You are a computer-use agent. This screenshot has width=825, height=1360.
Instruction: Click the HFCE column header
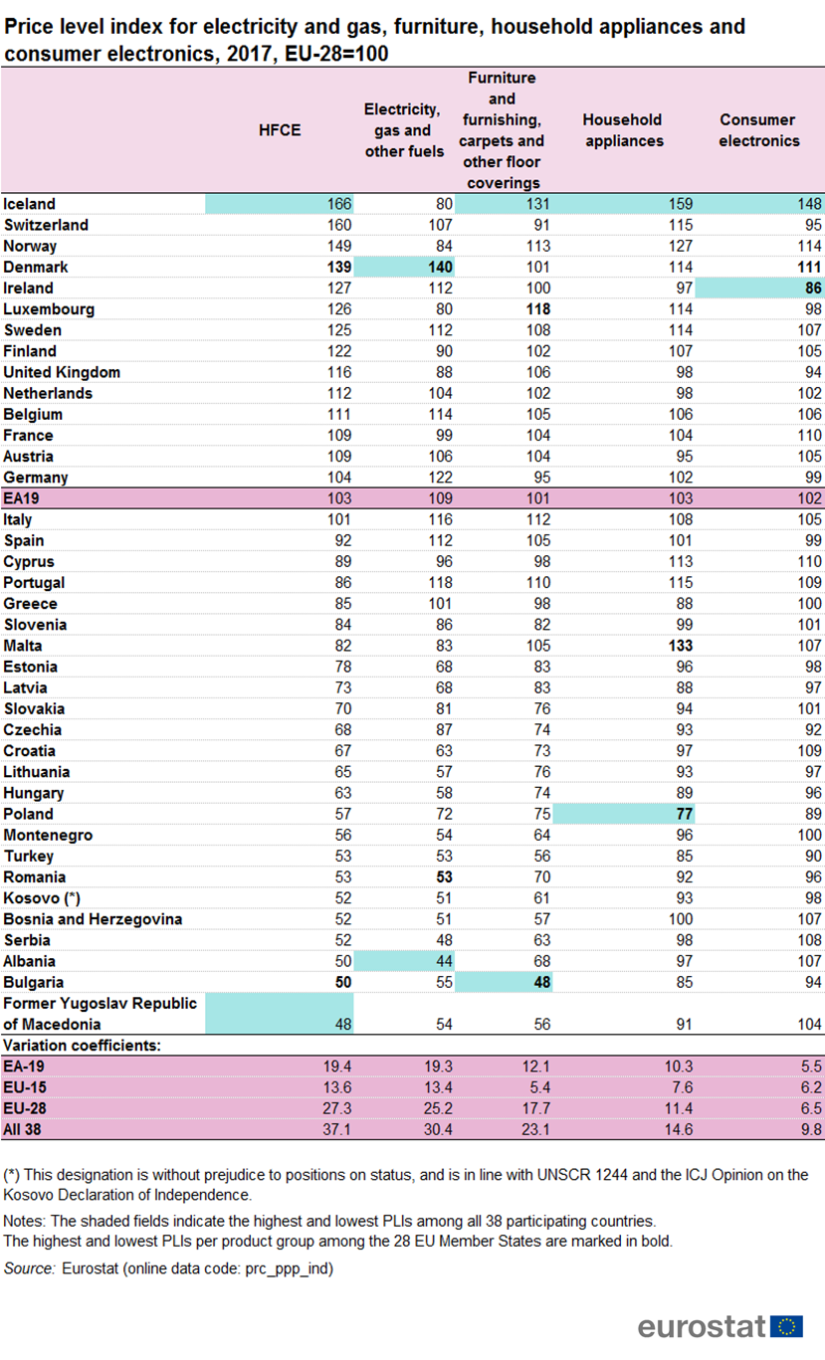pos(280,130)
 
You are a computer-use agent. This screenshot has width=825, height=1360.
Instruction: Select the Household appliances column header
pos(623,130)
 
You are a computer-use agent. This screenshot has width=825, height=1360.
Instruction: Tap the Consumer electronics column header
pos(759,130)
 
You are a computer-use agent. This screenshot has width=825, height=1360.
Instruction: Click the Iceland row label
pos(30,204)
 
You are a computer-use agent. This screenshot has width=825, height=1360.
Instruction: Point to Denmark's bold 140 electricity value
pos(438,267)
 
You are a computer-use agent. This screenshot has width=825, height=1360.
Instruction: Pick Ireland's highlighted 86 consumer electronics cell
pos(812,288)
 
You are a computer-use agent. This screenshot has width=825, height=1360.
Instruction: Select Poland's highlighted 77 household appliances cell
pos(683,814)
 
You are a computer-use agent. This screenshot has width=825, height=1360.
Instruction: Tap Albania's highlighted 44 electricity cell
pos(442,961)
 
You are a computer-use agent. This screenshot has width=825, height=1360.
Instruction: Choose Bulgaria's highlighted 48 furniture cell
pos(541,982)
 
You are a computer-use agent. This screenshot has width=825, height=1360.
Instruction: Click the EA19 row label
pos(23,498)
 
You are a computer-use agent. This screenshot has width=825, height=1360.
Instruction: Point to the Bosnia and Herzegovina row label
pos(93,919)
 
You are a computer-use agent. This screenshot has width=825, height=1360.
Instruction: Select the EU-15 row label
pos(25,1087)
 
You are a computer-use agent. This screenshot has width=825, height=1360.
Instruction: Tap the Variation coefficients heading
pos(85,1046)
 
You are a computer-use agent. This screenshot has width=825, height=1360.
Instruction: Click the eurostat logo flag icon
pos(789,1326)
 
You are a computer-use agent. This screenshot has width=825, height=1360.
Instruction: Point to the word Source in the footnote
pos(29,1268)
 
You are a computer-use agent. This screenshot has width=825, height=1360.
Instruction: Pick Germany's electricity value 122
pos(438,477)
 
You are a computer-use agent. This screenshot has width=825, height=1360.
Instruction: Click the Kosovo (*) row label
pos(42,898)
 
